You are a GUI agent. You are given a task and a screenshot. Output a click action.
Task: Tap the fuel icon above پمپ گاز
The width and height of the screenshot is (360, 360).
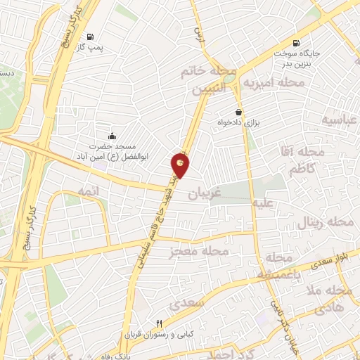90,37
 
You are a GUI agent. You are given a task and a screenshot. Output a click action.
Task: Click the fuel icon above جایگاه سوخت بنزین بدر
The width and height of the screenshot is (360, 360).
295,42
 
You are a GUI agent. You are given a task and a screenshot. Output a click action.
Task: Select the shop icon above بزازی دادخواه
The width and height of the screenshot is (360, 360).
240,111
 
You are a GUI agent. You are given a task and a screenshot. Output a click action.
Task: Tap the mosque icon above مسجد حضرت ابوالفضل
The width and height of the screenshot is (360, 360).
112,136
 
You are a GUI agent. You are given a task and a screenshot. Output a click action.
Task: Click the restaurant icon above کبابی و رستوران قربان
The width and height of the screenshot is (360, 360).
159,323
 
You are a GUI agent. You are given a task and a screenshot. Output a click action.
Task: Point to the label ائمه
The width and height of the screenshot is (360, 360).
88,191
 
